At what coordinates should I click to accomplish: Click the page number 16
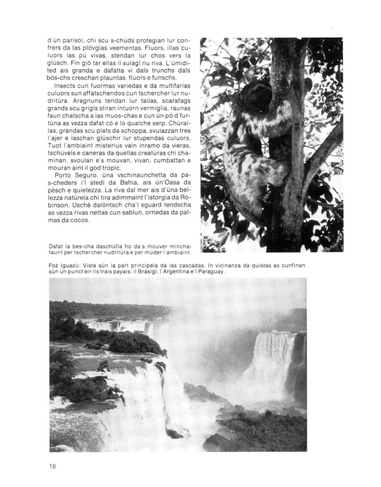[52, 466]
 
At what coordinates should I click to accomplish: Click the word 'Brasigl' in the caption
[131, 272]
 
